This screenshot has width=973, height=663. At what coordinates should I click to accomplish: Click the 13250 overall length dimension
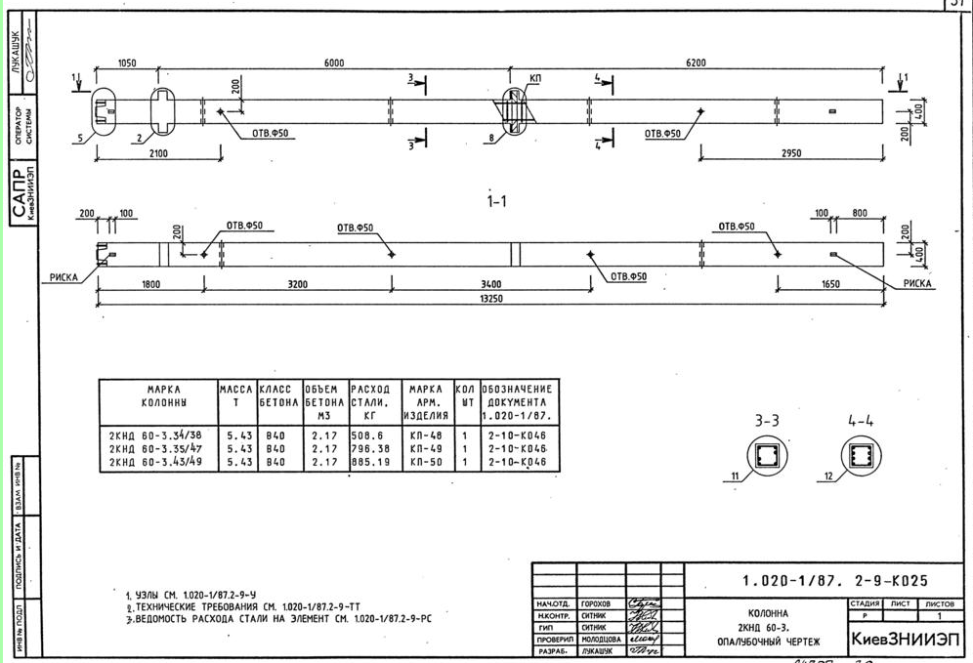pos(491,299)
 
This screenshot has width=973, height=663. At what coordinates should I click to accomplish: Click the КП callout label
pos(534,77)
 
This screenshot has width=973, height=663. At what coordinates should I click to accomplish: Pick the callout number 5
pos(79,139)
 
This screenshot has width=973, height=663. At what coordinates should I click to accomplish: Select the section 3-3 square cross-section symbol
pos(764,454)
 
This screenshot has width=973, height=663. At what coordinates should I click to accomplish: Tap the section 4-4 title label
pos(861,422)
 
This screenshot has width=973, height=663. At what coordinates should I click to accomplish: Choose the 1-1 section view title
pos(496,202)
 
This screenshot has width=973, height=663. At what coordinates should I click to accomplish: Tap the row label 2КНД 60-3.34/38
pos(155,436)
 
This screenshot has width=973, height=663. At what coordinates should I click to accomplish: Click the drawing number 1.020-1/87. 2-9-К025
pos(835,580)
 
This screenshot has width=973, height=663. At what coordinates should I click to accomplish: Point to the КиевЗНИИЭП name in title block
pos(905,640)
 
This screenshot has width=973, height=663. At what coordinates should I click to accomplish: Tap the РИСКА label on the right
pos(917,284)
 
